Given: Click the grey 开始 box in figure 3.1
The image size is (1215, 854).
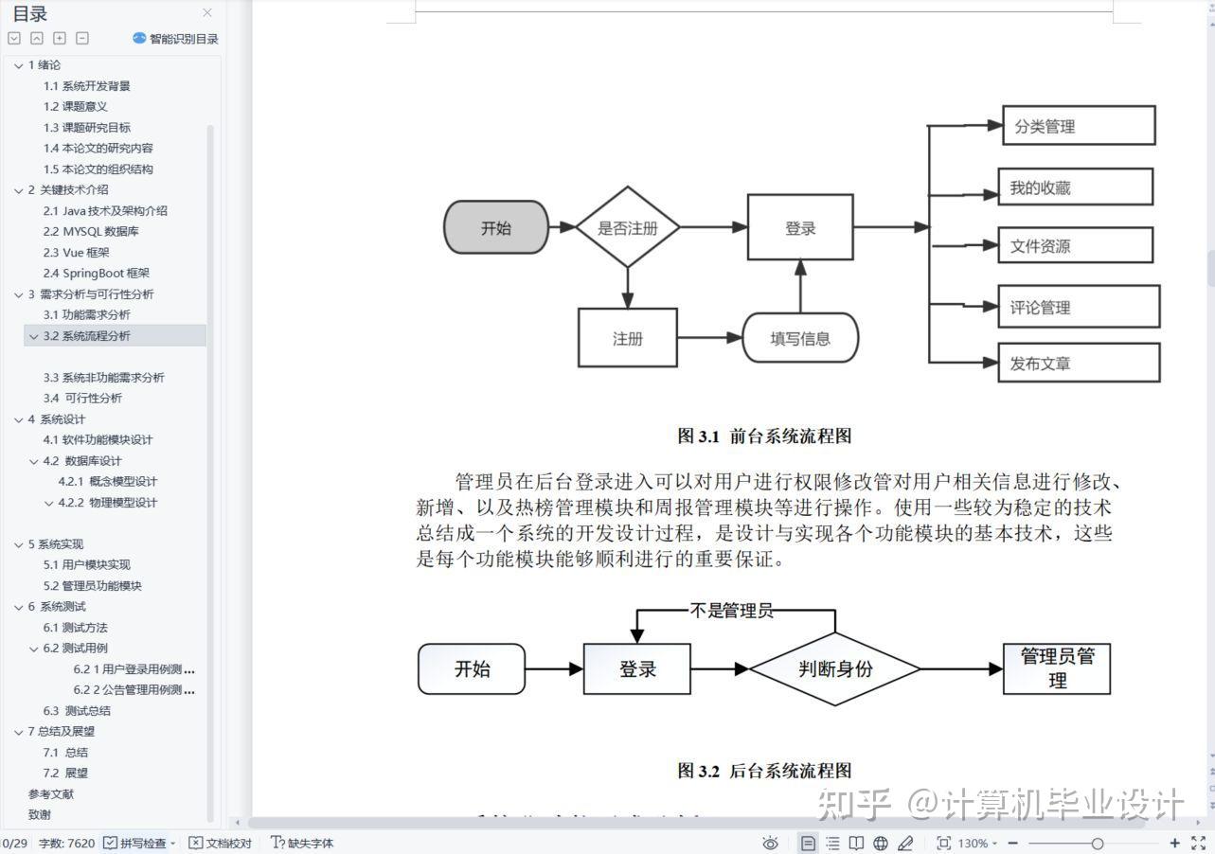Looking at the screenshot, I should coord(496,227).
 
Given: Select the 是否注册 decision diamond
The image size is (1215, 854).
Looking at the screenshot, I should coord(628,227).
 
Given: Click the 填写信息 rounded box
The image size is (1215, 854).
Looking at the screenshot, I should coord(800,338).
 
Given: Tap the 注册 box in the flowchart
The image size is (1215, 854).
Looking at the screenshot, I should coord(627,338).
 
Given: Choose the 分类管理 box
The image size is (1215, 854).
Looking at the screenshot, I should coord(1078,126).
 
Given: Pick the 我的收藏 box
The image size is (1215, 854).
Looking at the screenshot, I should coord(1075,187).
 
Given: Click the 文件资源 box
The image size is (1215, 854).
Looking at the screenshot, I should coord(1075,246).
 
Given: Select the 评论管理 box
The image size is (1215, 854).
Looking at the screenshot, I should coord(1078,307).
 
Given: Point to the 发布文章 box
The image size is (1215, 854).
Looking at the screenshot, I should coord(1078,363).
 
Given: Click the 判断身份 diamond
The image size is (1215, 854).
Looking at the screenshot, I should coord(834,668).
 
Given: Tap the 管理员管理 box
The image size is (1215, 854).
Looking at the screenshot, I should coord(1056,668).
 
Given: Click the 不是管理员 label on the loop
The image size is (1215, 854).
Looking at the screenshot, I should coord(731,611).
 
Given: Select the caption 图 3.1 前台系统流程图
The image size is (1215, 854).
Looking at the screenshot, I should coord(764,436).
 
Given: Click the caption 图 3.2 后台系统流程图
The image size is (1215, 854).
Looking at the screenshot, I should coord(764,771).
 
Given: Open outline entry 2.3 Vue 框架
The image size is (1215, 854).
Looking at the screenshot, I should coord(76,252).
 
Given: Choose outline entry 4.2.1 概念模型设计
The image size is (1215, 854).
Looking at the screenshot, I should coord(107,481).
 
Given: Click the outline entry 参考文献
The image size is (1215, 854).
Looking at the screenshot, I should coord(51,793).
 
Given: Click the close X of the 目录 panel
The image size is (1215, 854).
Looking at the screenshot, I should coord(207,13).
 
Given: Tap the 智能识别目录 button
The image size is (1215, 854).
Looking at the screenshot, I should coord(176,39).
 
